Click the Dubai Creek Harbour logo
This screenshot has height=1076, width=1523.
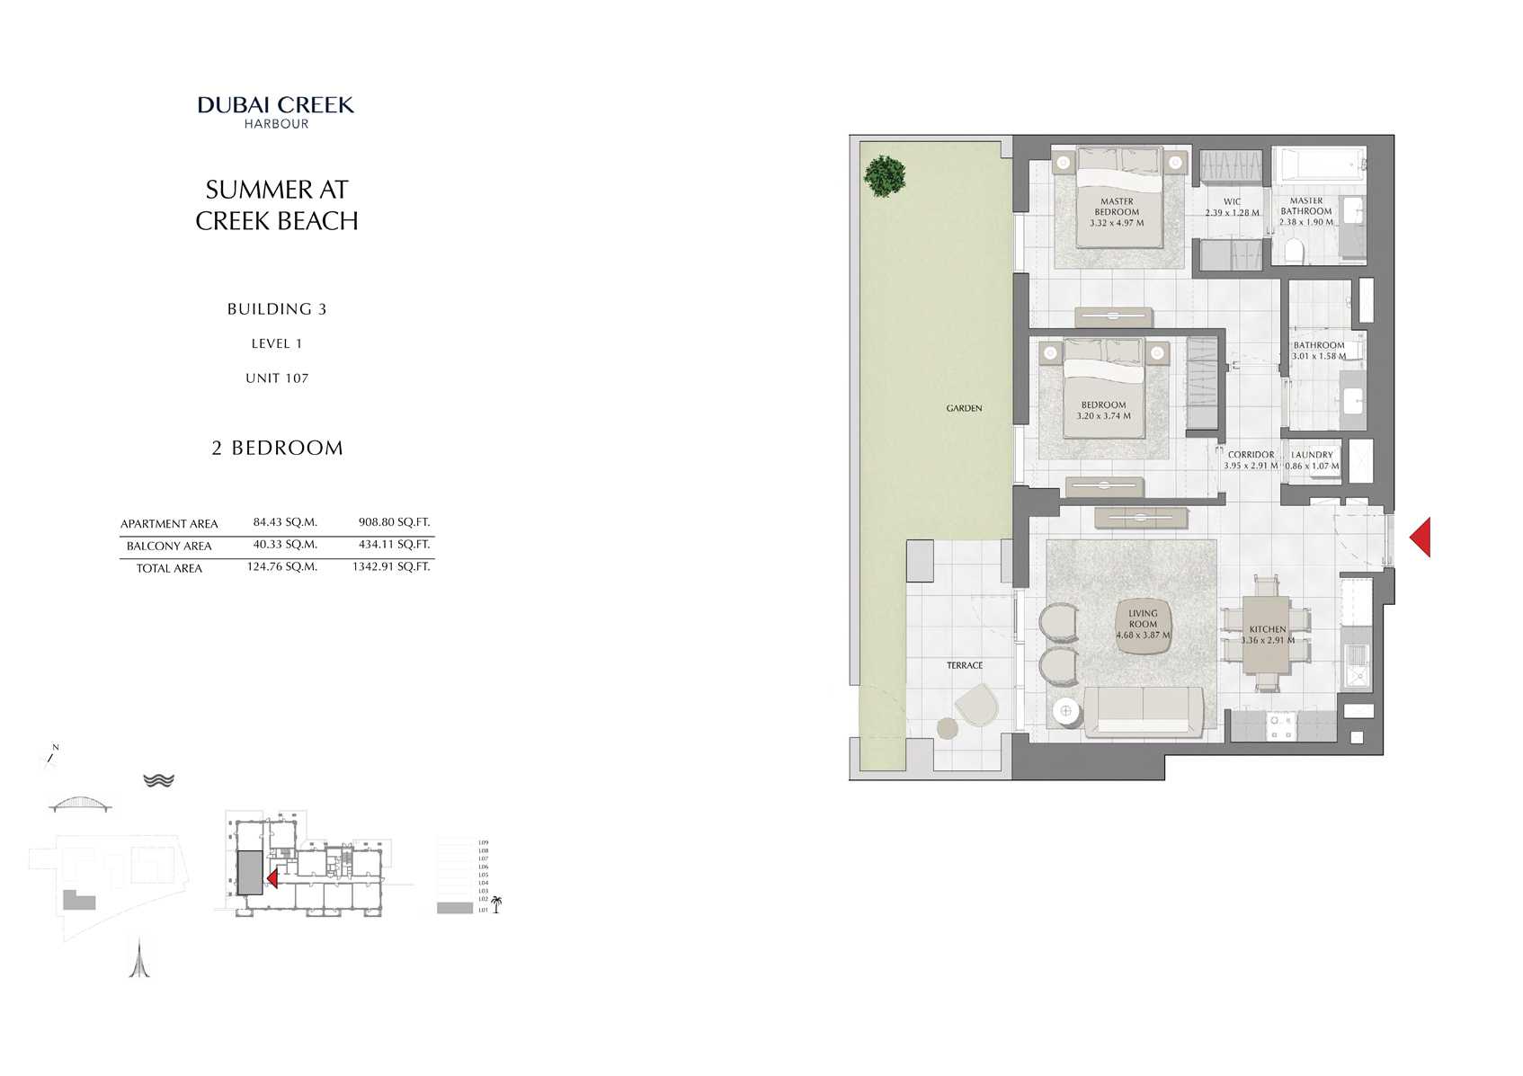[x=276, y=111]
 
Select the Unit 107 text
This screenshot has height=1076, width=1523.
[x=277, y=378]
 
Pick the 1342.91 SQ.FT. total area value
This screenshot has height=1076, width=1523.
[x=391, y=566]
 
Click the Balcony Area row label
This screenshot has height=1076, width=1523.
[x=169, y=546]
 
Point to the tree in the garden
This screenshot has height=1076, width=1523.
[x=886, y=176]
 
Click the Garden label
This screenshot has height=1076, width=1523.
[x=964, y=408]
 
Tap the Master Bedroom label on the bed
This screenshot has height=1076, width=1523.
[x=1117, y=212]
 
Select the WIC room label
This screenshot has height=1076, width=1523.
[x=1232, y=208]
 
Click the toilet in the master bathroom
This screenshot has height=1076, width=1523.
[x=1294, y=250]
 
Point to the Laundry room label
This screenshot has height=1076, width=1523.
[x=1312, y=460]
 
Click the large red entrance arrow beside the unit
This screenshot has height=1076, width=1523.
[x=1421, y=537]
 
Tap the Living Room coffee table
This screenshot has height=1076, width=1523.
[x=1143, y=625]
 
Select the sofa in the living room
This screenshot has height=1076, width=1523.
[x=1144, y=711]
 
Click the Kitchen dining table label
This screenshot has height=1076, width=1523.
[x=1267, y=635]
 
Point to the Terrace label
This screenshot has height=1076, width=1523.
[x=964, y=665]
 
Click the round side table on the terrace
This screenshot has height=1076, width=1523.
[x=948, y=728]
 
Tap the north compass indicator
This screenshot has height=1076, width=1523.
[x=52, y=757]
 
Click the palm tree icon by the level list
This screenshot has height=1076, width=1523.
[x=495, y=904]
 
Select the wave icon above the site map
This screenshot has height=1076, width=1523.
[x=158, y=780]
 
